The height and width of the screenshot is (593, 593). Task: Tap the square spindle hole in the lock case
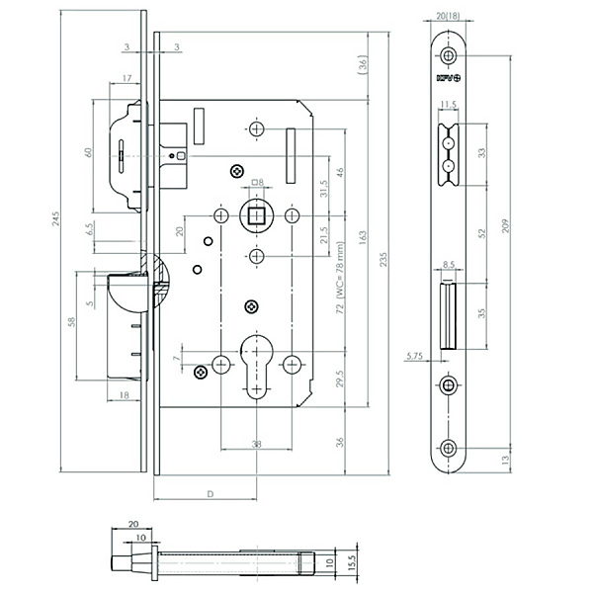coord(256,213)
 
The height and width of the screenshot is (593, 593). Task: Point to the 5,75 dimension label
coord(414,357)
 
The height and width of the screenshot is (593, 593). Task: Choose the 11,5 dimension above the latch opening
coord(447,104)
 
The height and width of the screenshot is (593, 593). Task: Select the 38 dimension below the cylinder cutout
coord(256,444)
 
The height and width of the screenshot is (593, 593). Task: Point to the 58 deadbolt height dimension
coord(71,322)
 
